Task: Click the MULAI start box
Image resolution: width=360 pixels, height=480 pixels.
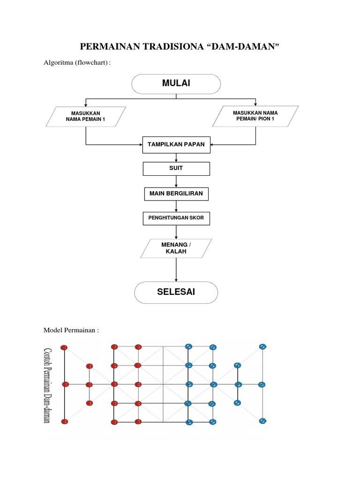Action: (x=176, y=84)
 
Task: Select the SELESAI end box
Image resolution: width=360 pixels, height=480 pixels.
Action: (x=176, y=292)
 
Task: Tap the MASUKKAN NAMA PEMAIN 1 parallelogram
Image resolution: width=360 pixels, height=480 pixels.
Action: (x=86, y=117)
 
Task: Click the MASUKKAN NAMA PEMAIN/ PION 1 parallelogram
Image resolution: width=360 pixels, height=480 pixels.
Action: (x=255, y=116)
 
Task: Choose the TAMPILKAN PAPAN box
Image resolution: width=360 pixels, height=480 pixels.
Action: (x=176, y=144)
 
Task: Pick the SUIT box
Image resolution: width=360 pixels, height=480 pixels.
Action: (x=176, y=168)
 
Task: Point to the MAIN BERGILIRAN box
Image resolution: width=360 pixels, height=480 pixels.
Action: (x=176, y=193)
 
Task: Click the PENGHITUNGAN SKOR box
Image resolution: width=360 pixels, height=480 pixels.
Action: (x=176, y=218)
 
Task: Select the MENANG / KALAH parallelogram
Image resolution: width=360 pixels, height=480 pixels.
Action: (x=176, y=248)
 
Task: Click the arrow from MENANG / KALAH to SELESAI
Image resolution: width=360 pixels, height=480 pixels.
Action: (x=176, y=270)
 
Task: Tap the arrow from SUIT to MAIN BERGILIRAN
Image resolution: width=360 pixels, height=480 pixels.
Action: (x=176, y=181)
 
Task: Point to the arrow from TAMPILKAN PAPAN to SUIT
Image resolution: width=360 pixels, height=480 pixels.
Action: (x=176, y=157)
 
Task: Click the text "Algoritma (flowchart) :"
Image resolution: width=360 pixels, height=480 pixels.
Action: (x=77, y=62)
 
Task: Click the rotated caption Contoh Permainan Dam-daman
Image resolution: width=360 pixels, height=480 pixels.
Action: (x=47, y=384)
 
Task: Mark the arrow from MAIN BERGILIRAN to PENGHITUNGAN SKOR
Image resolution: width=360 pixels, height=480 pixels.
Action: (x=176, y=206)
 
